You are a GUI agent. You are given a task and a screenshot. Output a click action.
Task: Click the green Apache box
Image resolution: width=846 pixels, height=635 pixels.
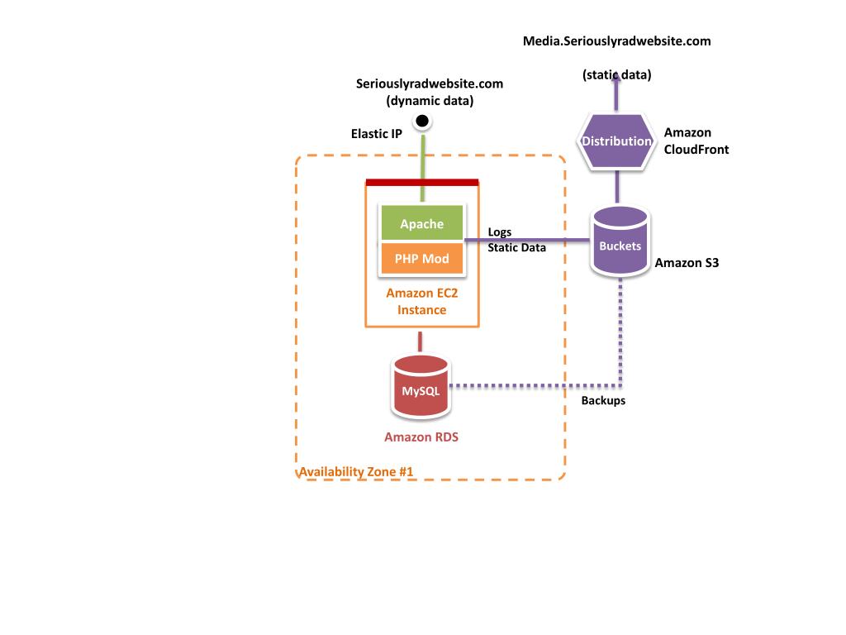tap(421, 224)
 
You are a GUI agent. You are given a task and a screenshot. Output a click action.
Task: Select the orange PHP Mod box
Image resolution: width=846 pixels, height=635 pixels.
tap(421, 259)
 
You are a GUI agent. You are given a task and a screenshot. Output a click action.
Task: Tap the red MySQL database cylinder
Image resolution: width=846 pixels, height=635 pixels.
tap(421, 389)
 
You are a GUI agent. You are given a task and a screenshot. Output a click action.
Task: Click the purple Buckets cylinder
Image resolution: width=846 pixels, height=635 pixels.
tap(620, 245)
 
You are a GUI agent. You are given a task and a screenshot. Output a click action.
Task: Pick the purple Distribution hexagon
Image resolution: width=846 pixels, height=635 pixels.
tap(616, 141)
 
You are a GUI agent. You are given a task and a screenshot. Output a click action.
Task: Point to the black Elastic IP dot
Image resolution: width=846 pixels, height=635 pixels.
tap(422, 122)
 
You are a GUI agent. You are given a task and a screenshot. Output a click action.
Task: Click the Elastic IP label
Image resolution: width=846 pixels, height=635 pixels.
tap(376, 133)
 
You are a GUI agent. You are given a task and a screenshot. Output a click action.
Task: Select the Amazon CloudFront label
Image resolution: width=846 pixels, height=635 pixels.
tap(696, 141)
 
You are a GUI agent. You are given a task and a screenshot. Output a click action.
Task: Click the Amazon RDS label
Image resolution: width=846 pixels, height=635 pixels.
tap(421, 437)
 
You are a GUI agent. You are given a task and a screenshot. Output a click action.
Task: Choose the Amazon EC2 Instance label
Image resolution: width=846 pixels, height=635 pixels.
tap(421, 302)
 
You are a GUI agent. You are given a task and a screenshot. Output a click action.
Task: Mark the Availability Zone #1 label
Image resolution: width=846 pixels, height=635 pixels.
tap(356, 472)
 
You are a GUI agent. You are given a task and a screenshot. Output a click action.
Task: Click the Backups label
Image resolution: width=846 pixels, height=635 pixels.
tap(603, 400)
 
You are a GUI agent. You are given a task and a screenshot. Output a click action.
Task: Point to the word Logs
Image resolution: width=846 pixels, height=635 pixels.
tap(500, 232)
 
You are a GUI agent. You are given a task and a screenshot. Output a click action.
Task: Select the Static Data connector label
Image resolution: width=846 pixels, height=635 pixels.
tap(516, 247)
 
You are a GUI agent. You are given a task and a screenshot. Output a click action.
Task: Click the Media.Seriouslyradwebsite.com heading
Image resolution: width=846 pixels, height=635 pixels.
tap(616, 41)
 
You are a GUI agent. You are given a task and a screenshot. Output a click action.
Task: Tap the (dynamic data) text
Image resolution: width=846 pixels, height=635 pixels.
tap(430, 101)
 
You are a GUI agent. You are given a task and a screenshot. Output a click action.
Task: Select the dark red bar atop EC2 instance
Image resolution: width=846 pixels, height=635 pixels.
tap(421, 182)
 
